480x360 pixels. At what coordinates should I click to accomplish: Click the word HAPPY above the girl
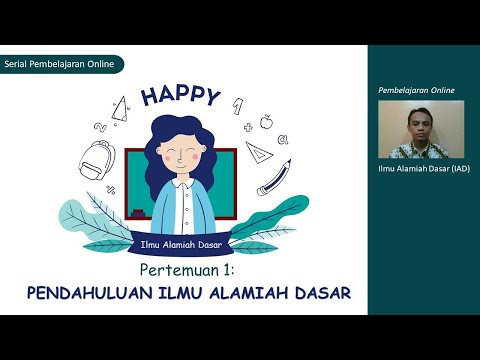pyautogui.click(x=180, y=96)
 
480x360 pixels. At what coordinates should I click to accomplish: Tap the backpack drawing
pyautogui.click(x=96, y=159)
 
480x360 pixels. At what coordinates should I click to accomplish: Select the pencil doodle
pyautogui.click(x=273, y=177)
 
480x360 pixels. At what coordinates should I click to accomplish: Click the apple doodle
pyautogui.click(x=267, y=121)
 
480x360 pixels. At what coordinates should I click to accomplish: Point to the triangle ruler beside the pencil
pyautogui.click(x=258, y=152)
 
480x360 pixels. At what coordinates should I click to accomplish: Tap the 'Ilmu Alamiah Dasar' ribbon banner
pyautogui.click(x=181, y=242)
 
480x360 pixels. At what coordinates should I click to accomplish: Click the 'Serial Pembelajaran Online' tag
pyautogui.click(x=62, y=64)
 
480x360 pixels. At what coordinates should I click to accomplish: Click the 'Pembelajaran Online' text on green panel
pyautogui.click(x=416, y=90)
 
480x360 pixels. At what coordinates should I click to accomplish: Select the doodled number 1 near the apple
pyautogui.click(x=236, y=103)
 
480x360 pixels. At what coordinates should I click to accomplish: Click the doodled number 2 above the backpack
pyautogui.click(x=100, y=127)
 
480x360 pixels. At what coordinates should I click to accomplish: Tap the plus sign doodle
pyautogui.click(x=247, y=128)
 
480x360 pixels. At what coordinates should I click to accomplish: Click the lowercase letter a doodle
pyautogui.click(x=283, y=141)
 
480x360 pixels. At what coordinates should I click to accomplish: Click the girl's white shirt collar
pyautogui.click(x=181, y=183)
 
